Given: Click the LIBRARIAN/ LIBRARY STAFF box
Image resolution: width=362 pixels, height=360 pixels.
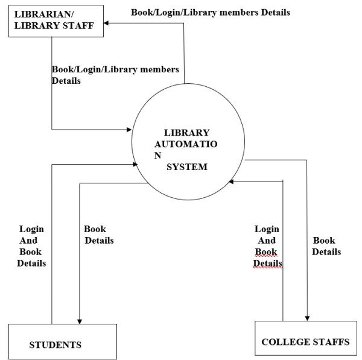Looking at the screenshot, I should coord(53,22).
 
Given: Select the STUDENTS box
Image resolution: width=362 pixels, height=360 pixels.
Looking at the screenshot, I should coord(63,341).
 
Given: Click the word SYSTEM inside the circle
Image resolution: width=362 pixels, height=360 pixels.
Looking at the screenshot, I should coord(186,167).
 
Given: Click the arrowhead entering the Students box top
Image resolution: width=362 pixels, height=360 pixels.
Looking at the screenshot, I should coord(80,321).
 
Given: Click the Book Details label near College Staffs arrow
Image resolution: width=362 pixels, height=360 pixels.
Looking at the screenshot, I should coord(326,245).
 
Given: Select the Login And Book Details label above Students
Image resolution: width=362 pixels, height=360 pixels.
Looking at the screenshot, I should coord(31,246).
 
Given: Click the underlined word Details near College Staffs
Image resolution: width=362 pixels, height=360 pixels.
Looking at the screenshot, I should coord(267,263).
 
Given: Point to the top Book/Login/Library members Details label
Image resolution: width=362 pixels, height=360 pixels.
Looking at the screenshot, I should coord(210,12).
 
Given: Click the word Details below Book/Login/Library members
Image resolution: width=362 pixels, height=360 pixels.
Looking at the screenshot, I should coord(66,80).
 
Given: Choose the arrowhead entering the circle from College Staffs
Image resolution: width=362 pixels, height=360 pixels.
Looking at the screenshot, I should coord(231,181).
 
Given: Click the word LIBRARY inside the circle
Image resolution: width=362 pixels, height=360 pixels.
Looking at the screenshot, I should coord(186,133).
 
